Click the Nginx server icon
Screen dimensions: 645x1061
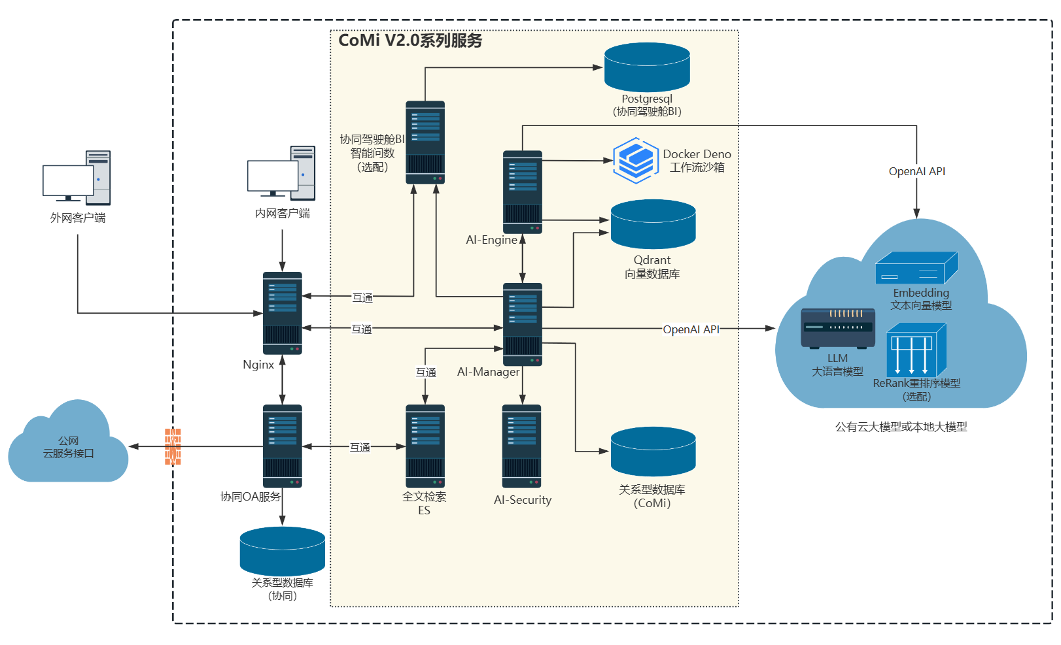pos(282,313)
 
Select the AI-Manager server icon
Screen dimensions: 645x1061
pos(522,324)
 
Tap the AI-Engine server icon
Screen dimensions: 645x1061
pos(522,191)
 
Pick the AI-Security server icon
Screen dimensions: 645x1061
pos(521,446)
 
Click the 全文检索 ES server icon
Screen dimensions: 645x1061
pos(425,446)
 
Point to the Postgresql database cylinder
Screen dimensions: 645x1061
pos(647,67)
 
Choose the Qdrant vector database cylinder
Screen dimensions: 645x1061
pos(653,224)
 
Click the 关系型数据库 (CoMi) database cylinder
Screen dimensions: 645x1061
pos(653,452)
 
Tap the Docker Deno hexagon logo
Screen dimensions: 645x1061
pos(635,160)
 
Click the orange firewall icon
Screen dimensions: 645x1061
pos(173,446)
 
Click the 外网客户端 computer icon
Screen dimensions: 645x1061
pos(77,178)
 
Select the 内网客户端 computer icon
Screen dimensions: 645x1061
pos(282,173)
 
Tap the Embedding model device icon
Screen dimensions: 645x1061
pos(916,268)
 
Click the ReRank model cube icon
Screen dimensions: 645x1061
pos(916,351)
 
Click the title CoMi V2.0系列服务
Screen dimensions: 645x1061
pos(410,41)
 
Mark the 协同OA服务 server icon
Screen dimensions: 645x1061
pos(282,446)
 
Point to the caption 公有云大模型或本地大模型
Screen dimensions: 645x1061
pos(901,427)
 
